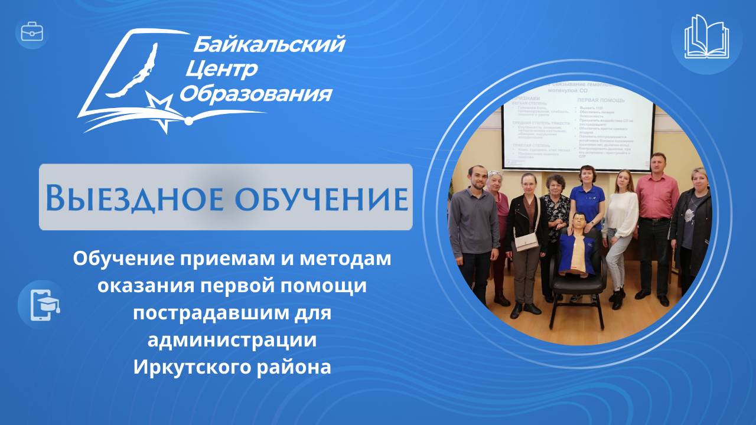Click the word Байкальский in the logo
269,44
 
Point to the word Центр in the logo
221,69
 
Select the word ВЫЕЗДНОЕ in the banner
133,198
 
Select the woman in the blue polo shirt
587,201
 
